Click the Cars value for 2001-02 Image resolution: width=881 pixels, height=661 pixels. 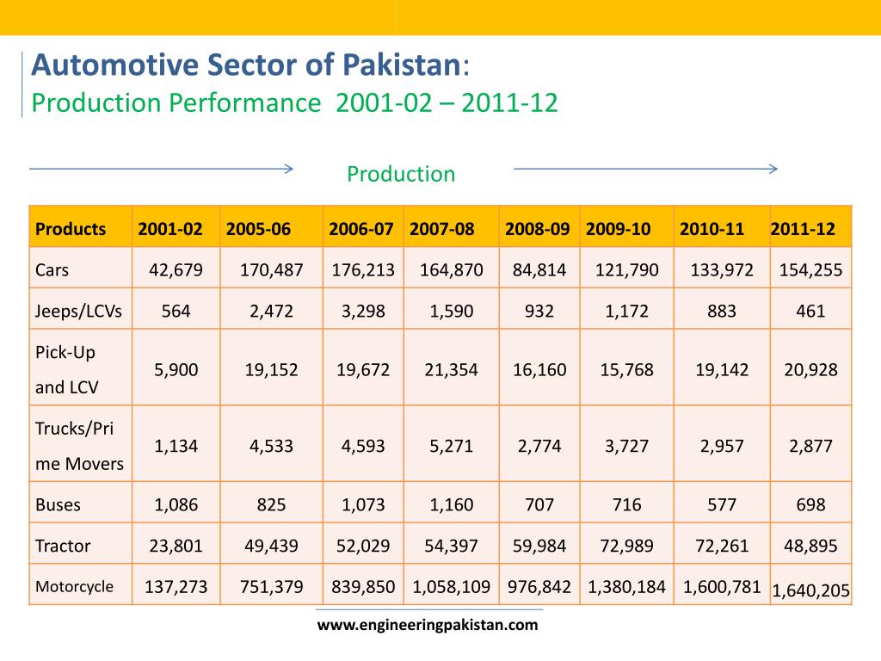pyautogui.click(x=176, y=270)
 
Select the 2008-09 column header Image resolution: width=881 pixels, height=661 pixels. pyautogui.click(x=537, y=229)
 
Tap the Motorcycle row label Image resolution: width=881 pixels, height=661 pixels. pyautogui.click(x=74, y=587)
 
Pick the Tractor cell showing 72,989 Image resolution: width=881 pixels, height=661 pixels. pyautogui.click(x=626, y=546)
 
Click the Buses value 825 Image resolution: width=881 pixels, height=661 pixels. pyautogui.click(x=271, y=504)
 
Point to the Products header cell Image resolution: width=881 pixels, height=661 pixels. pyautogui.click(x=71, y=229)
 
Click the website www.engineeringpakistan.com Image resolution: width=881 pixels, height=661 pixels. pyautogui.click(x=428, y=626)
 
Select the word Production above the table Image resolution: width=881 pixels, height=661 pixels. pyautogui.click(x=401, y=174)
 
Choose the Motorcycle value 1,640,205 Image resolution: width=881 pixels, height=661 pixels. pyautogui.click(x=810, y=590)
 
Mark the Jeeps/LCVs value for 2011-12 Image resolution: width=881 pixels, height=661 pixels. pyautogui.click(x=810, y=311)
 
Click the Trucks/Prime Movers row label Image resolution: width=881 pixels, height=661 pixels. pyautogui.click(x=79, y=446)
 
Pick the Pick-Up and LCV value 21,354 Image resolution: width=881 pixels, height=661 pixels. pyautogui.click(x=451, y=370)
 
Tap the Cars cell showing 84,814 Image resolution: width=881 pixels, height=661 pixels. pyautogui.click(x=539, y=270)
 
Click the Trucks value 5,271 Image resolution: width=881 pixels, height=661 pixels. pyautogui.click(x=451, y=446)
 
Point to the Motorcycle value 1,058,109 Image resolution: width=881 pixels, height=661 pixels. pyautogui.click(x=451, y=587)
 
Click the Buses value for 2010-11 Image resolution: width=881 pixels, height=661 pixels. pyautogui.click(x=721, y=504)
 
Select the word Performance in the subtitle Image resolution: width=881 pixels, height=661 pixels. pyautogui.click(x=244, y=104)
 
